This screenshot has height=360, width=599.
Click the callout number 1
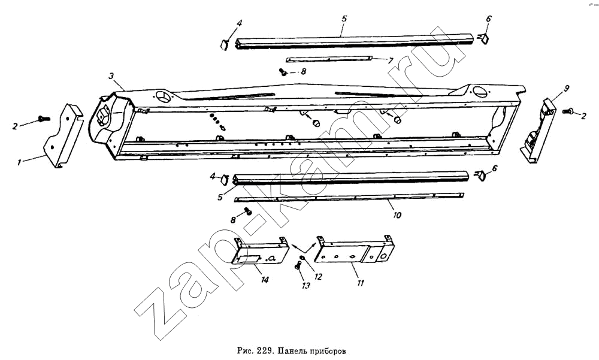coord(19,163)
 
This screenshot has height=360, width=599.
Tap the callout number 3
coord(111,77)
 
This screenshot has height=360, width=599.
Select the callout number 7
coord(390,60)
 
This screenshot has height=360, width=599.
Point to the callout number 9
coord(566,88)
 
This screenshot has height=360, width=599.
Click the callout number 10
coord(397,215)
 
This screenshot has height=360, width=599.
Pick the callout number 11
coord(361,283)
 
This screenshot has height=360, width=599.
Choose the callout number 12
coord(318,276)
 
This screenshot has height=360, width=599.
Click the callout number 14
coord(264,280)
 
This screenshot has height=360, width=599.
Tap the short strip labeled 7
coord(328,59)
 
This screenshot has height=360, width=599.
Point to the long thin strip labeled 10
coord(349,198)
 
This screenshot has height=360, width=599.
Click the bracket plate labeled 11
coord(355,251)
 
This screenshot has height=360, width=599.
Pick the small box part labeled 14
coord(260,251)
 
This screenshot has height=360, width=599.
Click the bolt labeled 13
coord(298,264)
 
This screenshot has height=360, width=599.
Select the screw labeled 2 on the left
coord(44,119)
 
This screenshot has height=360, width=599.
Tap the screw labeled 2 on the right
coord(568,111)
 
